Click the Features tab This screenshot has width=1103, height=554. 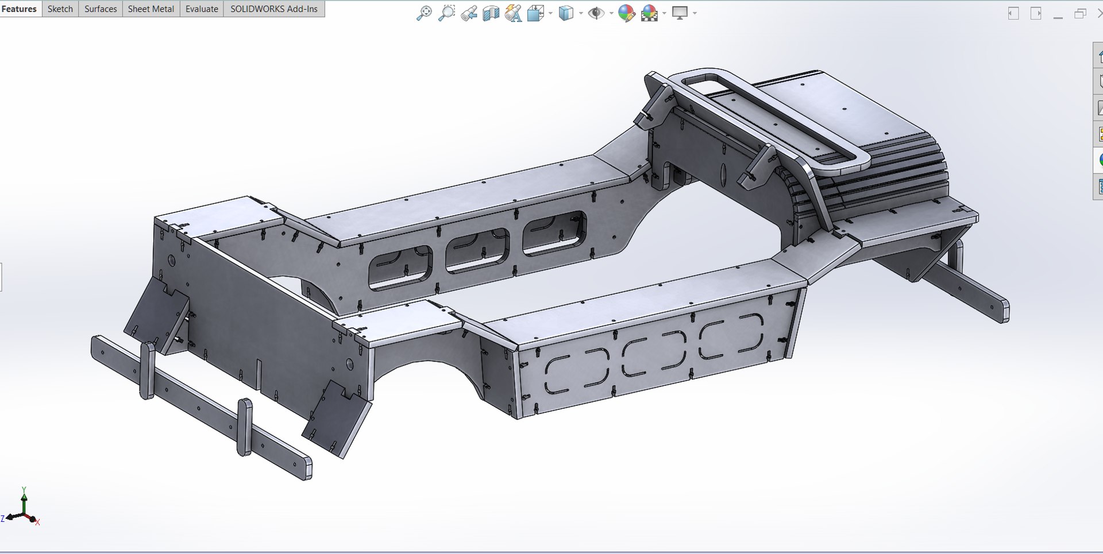pos(20,9)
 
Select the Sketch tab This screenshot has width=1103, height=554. pos(60,9)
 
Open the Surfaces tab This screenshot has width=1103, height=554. pos(101,9)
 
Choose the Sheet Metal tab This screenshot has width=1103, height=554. pos(151,9)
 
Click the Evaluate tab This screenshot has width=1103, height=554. pos(202,9)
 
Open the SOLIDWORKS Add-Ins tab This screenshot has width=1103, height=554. pos(273,9)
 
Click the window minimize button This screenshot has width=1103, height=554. pos(1058,14)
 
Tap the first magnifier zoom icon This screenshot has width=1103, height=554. pos(424,13)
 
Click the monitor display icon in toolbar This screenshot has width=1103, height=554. pos(680,13)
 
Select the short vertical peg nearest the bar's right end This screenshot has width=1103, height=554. pos(245,427)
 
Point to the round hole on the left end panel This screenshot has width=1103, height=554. pos(172,260)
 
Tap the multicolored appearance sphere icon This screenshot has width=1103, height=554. pos(626,13)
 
